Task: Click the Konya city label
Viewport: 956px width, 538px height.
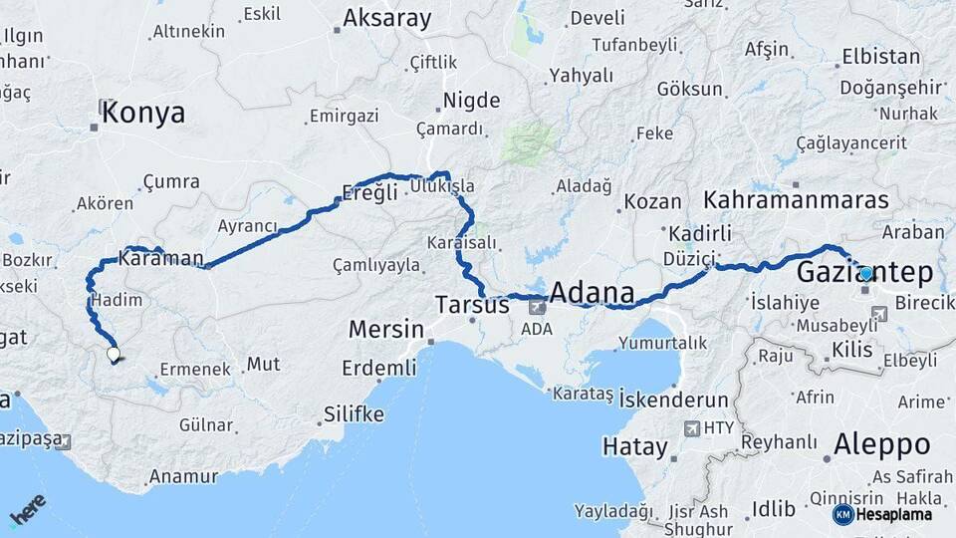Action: [x=143, y=114]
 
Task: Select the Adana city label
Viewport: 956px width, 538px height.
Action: [x=592, y=293]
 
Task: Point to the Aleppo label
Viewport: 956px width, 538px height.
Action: [x=881, y=444]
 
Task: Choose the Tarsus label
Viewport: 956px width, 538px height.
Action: [x=472, y=304]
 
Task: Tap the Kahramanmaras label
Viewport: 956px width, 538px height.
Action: [x=797, y=200]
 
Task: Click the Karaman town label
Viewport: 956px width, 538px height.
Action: [x=160, y=259]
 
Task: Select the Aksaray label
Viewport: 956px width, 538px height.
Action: [x=386, y=18]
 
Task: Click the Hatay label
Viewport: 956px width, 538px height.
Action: [x=634, y=447]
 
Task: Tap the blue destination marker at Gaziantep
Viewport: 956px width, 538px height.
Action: [x=865, y=273]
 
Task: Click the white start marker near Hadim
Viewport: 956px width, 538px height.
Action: [x=114, y=353]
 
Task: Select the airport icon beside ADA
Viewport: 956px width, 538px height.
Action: [x=538, y=307]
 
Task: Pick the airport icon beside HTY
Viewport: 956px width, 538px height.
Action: [x=692, y=428]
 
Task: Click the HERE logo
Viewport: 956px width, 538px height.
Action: [x=28, y=510]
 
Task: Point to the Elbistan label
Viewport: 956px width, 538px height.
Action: [x=880, y=57]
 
